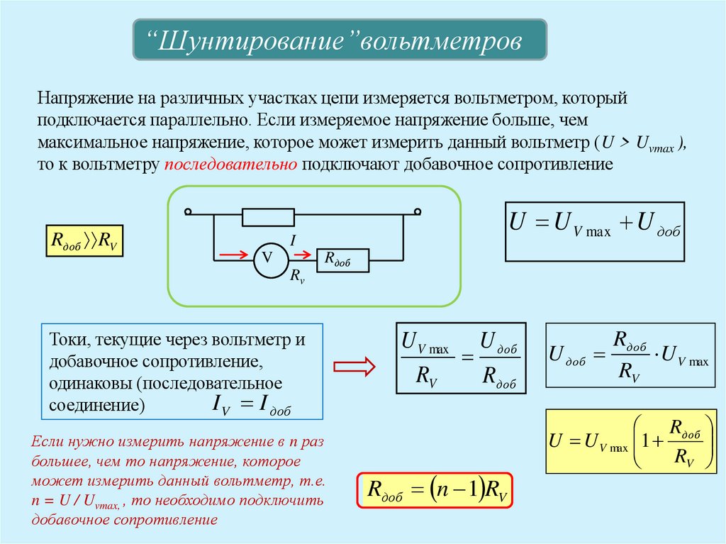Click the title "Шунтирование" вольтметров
click(x=340, y=40)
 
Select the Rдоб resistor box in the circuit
click(x=342, y=260)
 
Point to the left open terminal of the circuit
click(x=188, y=211)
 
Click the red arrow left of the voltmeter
click(x=235, y=254)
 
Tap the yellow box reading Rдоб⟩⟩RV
click(x=84, y=240)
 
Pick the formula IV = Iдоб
click(x=251, y=406)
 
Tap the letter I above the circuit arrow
click(x=293, y=241)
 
